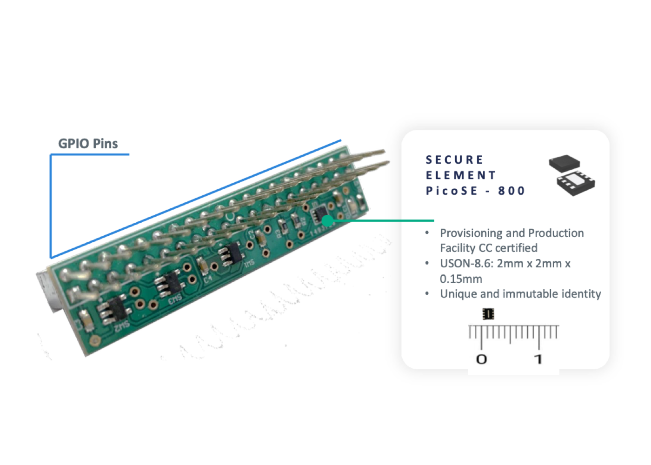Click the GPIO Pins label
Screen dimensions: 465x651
88,144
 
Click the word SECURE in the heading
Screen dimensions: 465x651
454,160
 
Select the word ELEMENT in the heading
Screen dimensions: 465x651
461,175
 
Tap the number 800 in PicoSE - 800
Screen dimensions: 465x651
511,191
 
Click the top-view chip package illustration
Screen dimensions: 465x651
564,163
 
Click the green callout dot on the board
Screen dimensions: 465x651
327,220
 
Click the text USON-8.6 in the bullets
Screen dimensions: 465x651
466,264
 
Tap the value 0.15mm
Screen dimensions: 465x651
461,279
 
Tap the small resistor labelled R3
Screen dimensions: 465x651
283,226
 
